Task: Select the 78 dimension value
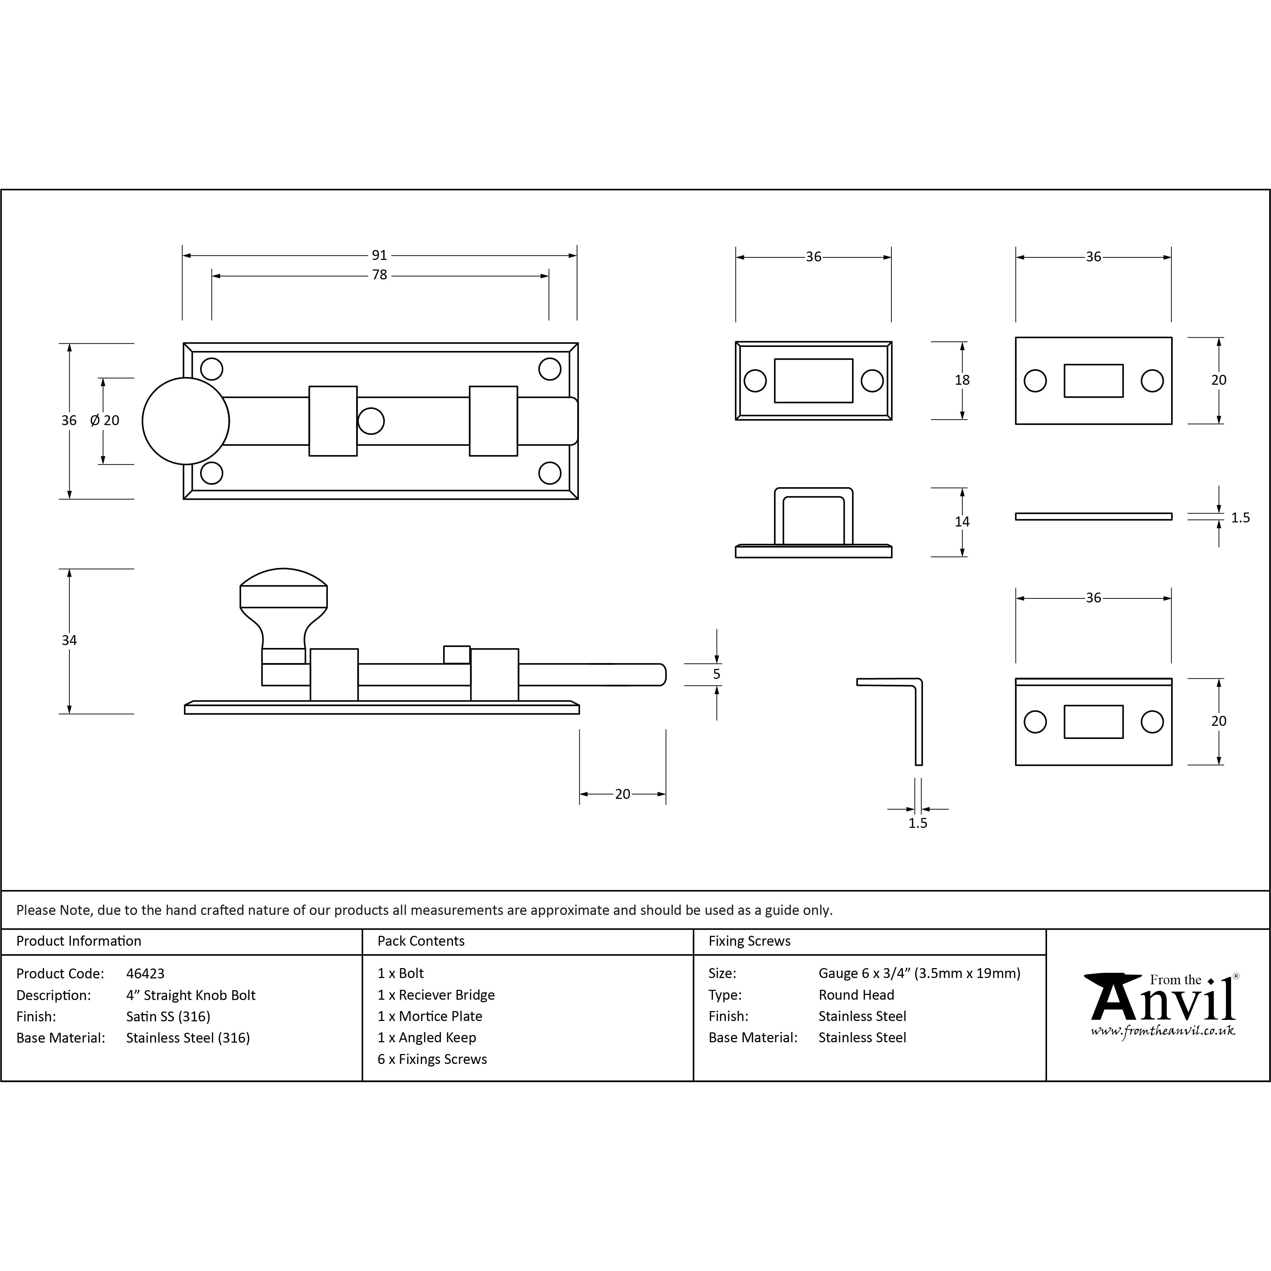[380, 275]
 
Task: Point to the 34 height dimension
[69, 640]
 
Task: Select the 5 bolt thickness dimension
[716, 674]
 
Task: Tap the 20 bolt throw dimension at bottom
[622, 794]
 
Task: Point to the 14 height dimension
[962, 522]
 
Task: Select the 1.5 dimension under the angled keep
[918, 823]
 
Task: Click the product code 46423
[145, 973]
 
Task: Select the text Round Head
[856, 995]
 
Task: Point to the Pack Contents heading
[421, 941]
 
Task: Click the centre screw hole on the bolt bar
[371, 421]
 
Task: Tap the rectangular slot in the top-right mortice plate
[1093, 381]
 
